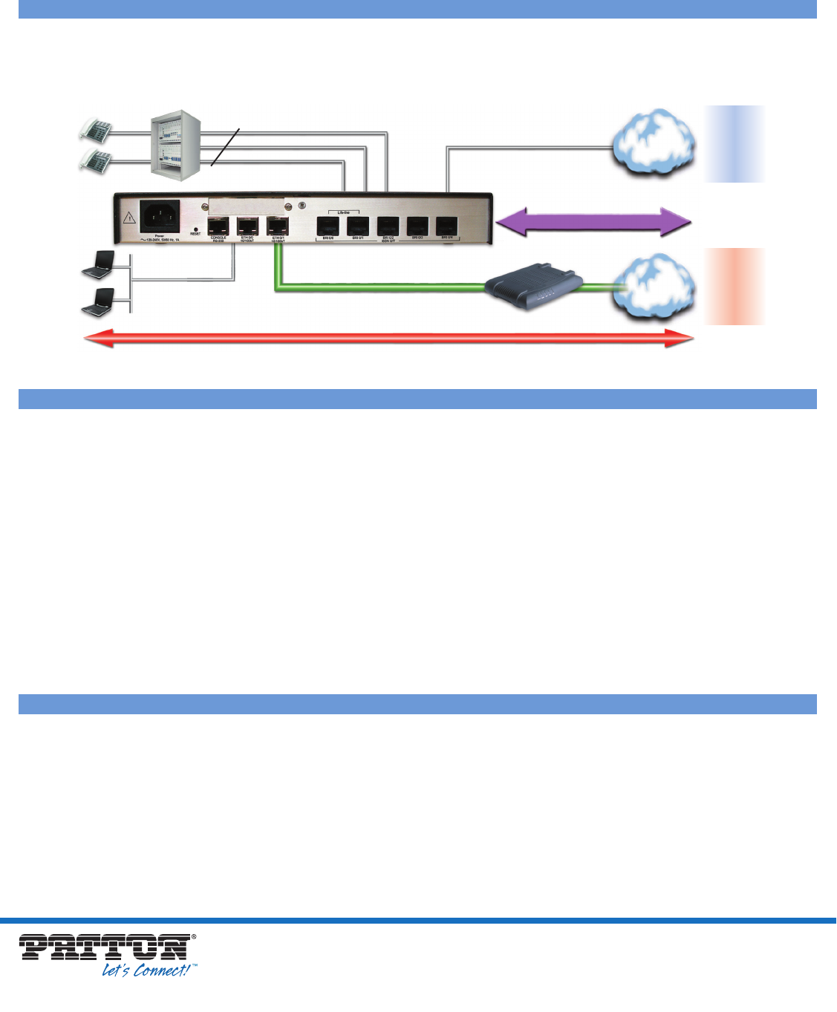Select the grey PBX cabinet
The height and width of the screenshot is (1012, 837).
(174, 143)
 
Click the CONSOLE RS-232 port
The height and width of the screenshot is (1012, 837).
(218, 226)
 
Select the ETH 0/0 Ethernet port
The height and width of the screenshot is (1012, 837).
(247, 226)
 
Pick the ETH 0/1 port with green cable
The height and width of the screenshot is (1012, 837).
(277, 226)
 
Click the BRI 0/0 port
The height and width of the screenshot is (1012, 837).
(328, 226)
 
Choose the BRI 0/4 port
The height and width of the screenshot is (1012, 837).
(447, 226)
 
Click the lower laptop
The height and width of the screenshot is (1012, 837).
(99, 301)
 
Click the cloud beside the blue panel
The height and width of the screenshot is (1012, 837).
(653, 143)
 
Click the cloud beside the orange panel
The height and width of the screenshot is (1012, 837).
(653, 287)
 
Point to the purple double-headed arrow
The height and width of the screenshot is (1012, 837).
(593, 222)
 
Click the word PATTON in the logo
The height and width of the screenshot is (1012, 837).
(104, 948)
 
